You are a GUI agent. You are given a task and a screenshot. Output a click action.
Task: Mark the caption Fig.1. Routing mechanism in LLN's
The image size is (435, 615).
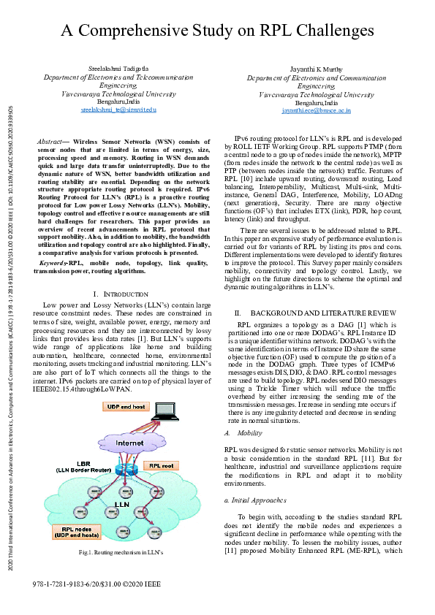120,553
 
